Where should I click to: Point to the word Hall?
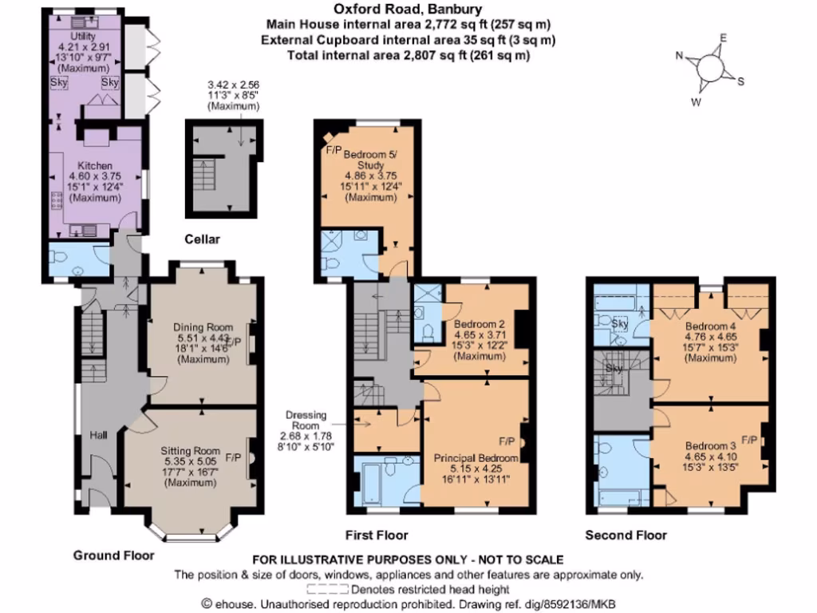click(98, 435)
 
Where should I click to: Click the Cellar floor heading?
click(201, 239)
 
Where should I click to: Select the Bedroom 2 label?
click(480, 324)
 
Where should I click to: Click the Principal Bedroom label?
click(476, 458)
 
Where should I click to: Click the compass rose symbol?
click(709, 68)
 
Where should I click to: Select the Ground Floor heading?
click(114, 556)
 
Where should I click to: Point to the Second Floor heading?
click(626, 535)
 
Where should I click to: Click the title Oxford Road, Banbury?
click(408, 10)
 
